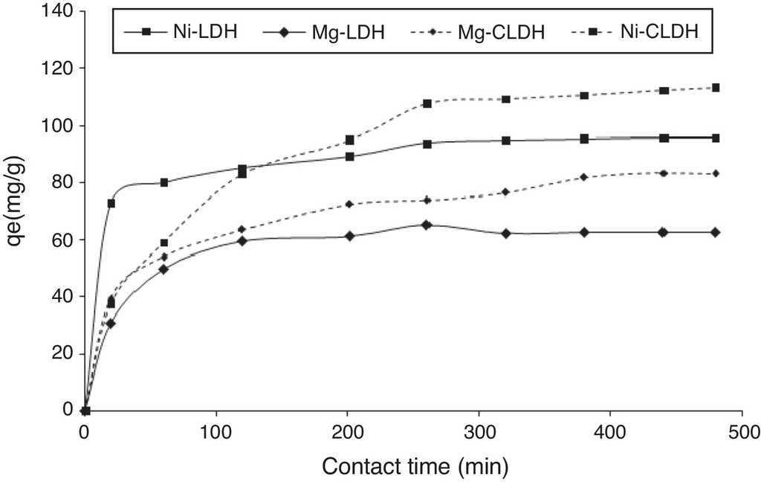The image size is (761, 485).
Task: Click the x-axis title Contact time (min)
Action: coord(415,466)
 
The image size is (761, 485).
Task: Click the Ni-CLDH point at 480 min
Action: coord(716,88)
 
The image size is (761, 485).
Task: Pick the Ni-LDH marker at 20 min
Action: coord(111,203)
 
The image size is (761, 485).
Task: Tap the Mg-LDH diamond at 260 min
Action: coord(427,224)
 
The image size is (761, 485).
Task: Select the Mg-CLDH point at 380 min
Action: coord(584,177)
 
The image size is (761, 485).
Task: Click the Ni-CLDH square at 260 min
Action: coord(427,103)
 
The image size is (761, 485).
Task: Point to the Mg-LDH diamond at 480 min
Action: coord(716,232)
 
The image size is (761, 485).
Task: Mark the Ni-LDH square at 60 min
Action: coord(164,182)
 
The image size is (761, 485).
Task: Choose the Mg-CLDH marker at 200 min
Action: coord(349,204)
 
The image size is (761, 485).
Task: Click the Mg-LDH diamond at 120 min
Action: coord(243,240)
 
